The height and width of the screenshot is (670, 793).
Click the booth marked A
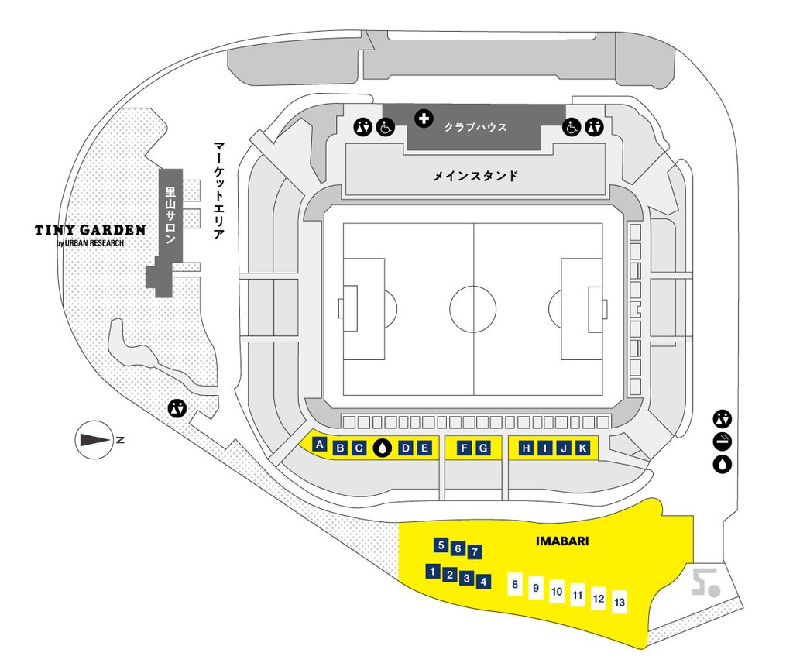(x=319, y=445)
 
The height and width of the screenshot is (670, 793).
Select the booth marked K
(x=582, y=448)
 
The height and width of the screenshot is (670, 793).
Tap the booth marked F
(x=465, y=448)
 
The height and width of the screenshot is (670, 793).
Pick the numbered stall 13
(x=619, y=602)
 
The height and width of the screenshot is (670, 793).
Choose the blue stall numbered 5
(x=441, y=545)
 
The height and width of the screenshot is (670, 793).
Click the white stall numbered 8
(x=515, y=585)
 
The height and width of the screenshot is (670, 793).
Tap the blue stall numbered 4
(x=483, y=582)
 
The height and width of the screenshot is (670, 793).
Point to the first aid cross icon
(x=424, y=119)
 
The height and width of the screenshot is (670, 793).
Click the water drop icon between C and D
(x=383, y=448)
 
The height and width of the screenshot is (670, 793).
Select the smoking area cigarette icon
(x=723, y=442)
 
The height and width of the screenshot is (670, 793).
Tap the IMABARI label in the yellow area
(x=562, y=541)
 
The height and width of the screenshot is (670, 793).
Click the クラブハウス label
(x=475, y=127)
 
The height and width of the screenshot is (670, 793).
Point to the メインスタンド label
(x=475, y=176)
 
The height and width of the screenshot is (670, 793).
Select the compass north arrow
(x=95, y=440)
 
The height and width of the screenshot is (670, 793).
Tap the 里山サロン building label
(x=171, y=215)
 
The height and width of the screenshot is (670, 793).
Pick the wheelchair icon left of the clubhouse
(x=386, y=127)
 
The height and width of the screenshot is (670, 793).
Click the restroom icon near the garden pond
(x=177, y=407)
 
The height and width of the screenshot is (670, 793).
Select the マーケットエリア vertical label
(x=218, y=190)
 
